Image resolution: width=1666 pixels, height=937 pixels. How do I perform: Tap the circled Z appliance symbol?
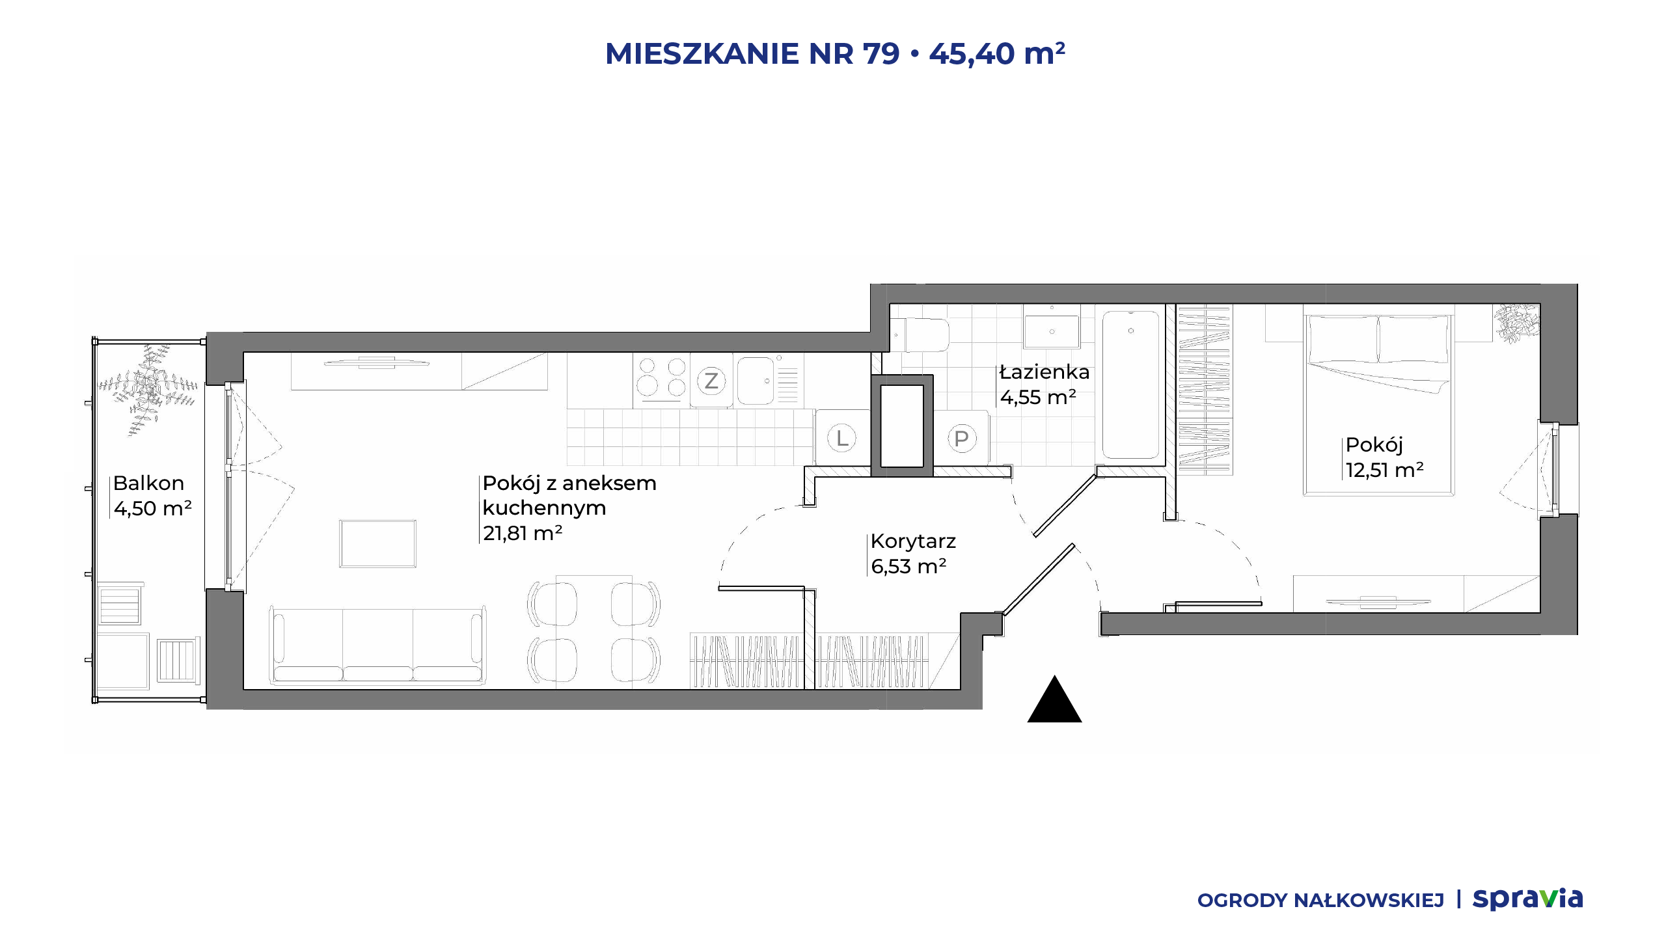[711, 381]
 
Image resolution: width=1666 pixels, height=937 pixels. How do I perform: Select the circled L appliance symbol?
[842, 438]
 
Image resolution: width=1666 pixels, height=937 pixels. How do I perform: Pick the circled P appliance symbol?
[961, 438]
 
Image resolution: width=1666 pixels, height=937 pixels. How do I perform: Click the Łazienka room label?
[1045, 372]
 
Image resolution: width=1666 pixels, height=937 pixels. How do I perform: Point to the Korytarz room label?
[913, 541]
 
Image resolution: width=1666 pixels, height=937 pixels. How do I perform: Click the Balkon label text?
[148, 483]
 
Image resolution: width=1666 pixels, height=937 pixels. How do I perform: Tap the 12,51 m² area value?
[1385, 469]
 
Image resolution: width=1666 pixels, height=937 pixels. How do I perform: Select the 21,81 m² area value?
[523, 533]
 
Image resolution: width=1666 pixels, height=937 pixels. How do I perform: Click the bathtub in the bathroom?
[1131, 385]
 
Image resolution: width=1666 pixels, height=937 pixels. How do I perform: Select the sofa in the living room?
[377, 645]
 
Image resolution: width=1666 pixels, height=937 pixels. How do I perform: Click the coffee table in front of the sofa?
[377, 543]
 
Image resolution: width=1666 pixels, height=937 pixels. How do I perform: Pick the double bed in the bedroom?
[1379, 403]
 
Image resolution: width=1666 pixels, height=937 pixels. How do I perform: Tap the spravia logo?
[1527, 899]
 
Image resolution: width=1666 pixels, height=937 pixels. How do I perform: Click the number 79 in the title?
[881, 53]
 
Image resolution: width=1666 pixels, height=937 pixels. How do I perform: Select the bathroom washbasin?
[1052, 331]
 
